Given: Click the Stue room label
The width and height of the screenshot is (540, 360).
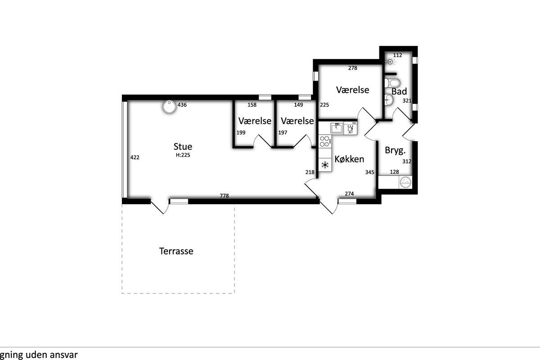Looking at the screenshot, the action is pos(183,146).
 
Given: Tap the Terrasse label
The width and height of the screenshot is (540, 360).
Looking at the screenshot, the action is pos(176,251).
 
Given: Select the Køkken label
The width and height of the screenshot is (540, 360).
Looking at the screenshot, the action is pos(349,159).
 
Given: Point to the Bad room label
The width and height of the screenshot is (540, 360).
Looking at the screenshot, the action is pos(399,91).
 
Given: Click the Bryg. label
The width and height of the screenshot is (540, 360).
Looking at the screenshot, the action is pos(396,150).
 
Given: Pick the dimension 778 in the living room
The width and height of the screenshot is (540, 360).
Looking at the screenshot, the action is pos(224,196).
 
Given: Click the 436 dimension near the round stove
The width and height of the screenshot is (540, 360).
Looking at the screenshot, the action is pos(182,105).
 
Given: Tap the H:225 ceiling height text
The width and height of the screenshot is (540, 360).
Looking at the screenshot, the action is pos(183,155).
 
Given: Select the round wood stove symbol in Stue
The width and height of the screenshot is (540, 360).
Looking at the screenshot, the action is pos(169,107).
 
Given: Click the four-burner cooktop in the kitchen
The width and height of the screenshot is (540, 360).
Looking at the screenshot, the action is pos(324,141).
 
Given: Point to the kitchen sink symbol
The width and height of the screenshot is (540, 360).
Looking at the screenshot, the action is pos(337,128).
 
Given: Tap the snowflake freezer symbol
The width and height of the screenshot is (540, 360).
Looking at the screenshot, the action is pos(325,165).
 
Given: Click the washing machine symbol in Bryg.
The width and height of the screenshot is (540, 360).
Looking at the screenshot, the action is pos(405,182).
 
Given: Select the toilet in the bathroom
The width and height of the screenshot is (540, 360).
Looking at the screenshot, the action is pos(392,83).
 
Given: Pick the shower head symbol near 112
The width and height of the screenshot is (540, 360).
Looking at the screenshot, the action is pos(391,62).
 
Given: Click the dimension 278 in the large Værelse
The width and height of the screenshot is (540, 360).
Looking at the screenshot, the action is pos(352,68).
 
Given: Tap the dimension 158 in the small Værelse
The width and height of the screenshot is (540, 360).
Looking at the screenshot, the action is pos(252,105).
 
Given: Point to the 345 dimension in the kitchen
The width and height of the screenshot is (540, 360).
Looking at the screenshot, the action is pos(370,172).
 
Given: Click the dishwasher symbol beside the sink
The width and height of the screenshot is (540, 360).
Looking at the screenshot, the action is pos(350,128).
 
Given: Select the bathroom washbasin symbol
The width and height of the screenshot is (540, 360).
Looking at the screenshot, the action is pos(389,99).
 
